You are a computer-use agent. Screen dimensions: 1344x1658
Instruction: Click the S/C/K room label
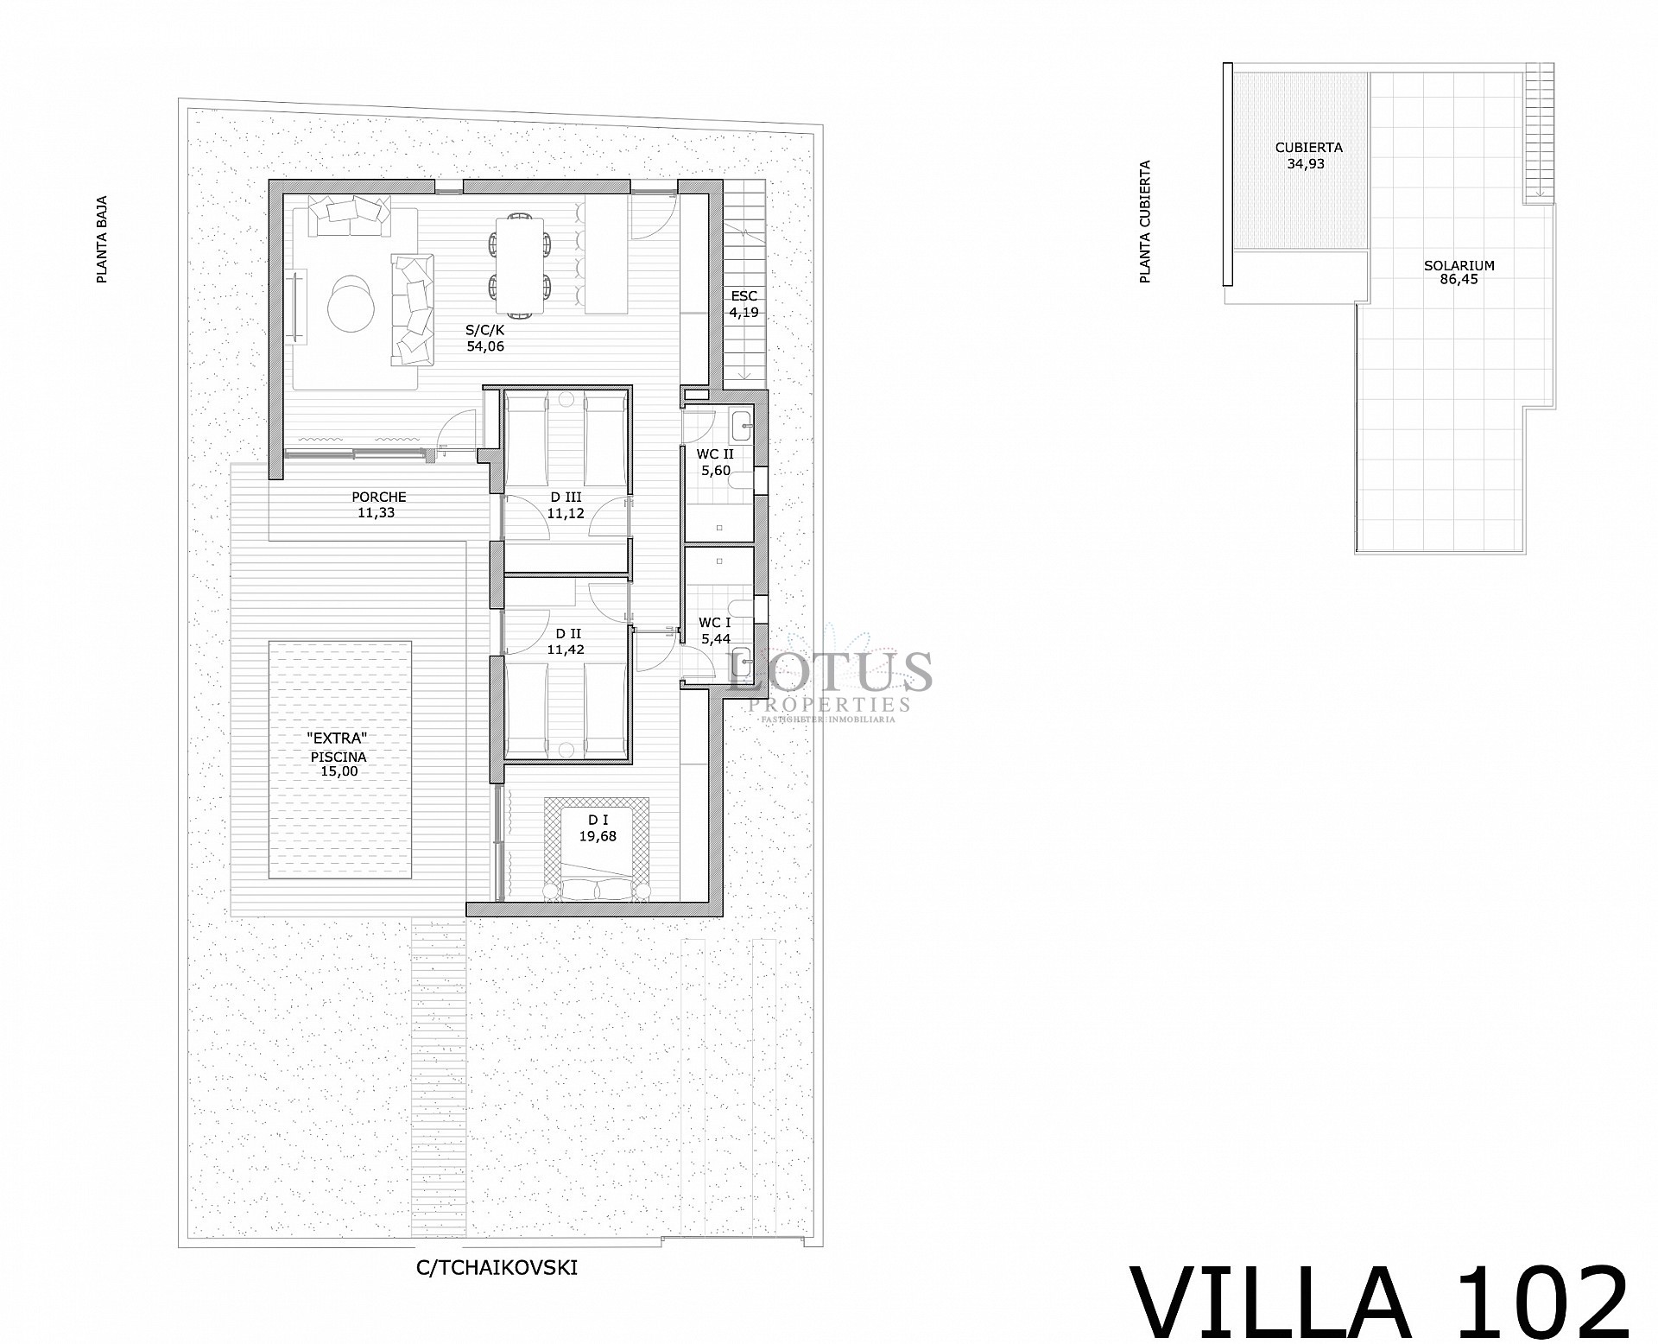[x=484, y=330]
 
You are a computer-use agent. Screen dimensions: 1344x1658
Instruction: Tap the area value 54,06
[x=484, y=346]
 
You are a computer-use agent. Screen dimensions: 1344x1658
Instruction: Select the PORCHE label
[x=378, y=497]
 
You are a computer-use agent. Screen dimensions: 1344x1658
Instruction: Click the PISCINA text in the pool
[x=339, y=757]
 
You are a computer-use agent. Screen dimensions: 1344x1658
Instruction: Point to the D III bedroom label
[x=566, y=497]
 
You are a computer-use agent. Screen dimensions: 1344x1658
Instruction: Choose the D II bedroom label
[x=566, y=633]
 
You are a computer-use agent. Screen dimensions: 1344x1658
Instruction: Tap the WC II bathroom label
[x=716, y=453]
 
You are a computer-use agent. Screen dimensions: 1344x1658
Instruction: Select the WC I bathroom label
[x=715, y=622]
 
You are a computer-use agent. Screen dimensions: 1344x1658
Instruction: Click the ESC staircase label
[x=744, y=296]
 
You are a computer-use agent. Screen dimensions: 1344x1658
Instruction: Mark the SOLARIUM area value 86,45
[x=1459, y=280]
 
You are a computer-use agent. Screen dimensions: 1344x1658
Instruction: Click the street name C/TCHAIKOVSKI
[x=497, y=1268]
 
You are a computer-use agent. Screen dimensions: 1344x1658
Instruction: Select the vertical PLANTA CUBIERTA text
[x=1146, y=222]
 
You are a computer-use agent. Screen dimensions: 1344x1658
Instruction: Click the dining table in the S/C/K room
[x=520, y=264]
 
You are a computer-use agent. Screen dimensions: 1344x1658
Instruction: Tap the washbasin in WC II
[x=743, y=425]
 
